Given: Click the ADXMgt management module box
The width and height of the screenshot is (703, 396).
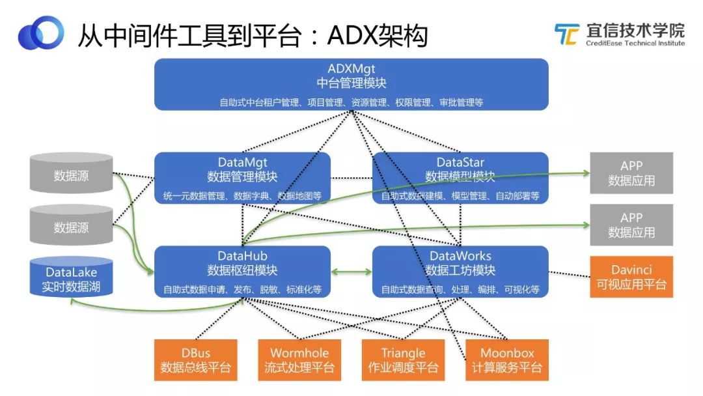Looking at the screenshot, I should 351,83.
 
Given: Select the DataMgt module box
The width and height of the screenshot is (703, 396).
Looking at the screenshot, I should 242,177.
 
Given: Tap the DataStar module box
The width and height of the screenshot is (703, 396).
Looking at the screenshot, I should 460,177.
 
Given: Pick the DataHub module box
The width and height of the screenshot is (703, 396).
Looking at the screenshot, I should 242,270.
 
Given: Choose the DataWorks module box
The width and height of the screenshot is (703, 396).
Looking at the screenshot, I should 460,270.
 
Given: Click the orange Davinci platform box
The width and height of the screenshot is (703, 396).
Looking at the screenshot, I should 631,277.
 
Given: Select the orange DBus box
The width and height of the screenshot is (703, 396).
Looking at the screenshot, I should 195,360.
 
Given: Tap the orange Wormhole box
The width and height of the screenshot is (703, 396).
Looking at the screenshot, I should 299,360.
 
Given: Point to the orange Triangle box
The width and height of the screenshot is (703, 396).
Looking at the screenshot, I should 403,360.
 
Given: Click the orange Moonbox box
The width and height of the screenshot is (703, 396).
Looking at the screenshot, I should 506,360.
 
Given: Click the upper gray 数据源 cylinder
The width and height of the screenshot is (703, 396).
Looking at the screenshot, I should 71,175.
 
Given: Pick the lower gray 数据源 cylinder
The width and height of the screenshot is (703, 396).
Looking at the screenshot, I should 71,227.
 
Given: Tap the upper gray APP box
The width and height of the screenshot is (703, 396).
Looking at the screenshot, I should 631,173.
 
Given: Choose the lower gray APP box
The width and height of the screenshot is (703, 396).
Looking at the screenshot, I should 631,225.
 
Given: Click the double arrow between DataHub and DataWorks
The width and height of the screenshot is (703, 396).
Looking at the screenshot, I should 351,271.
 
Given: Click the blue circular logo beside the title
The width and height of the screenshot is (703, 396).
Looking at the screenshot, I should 40,33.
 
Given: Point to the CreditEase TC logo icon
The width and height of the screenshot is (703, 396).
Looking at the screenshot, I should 566,34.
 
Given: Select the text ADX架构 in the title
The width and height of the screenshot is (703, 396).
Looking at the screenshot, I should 377,36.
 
